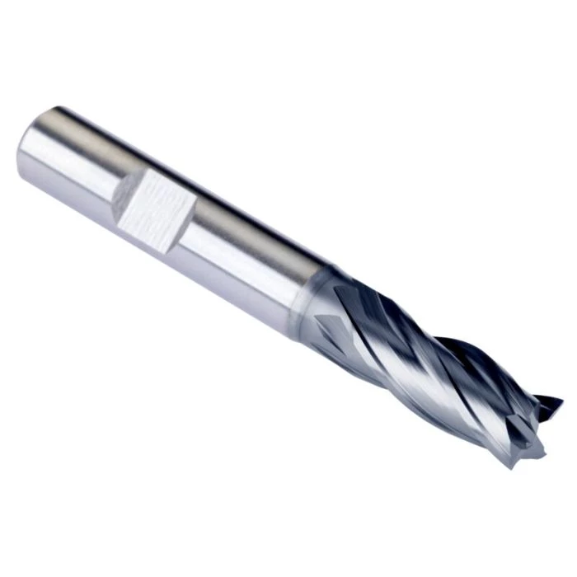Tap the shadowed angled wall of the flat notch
click(x=122, y=191)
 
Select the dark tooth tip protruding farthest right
click(x=554, y=404)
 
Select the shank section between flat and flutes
click(x=247, y=247)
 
